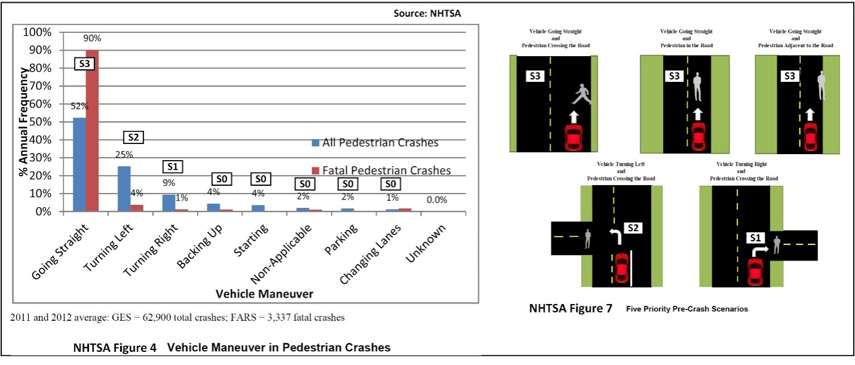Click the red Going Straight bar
(x=92, y=130)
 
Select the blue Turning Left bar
(x=124, y=188)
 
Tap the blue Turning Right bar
(x=169, y=203)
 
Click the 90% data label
(x=92, y=38)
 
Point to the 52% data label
(x=80, y=106)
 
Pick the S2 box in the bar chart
(x=133, y=137)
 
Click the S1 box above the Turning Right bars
(x=173, y=167)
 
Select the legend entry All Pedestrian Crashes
(x=375, y=143)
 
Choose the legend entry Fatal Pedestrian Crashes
(x=381, y=170)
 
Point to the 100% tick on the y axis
(x=37, y=32)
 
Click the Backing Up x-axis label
(x=200, y=246)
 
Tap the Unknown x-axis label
(x=425, y=243)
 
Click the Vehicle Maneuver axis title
(x=264, y=294)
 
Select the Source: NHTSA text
(x=427, y=13)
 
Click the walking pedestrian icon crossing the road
(x=581, y=94)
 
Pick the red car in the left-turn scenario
(x=622, y=268)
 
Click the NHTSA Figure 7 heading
(x=570, y=308)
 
